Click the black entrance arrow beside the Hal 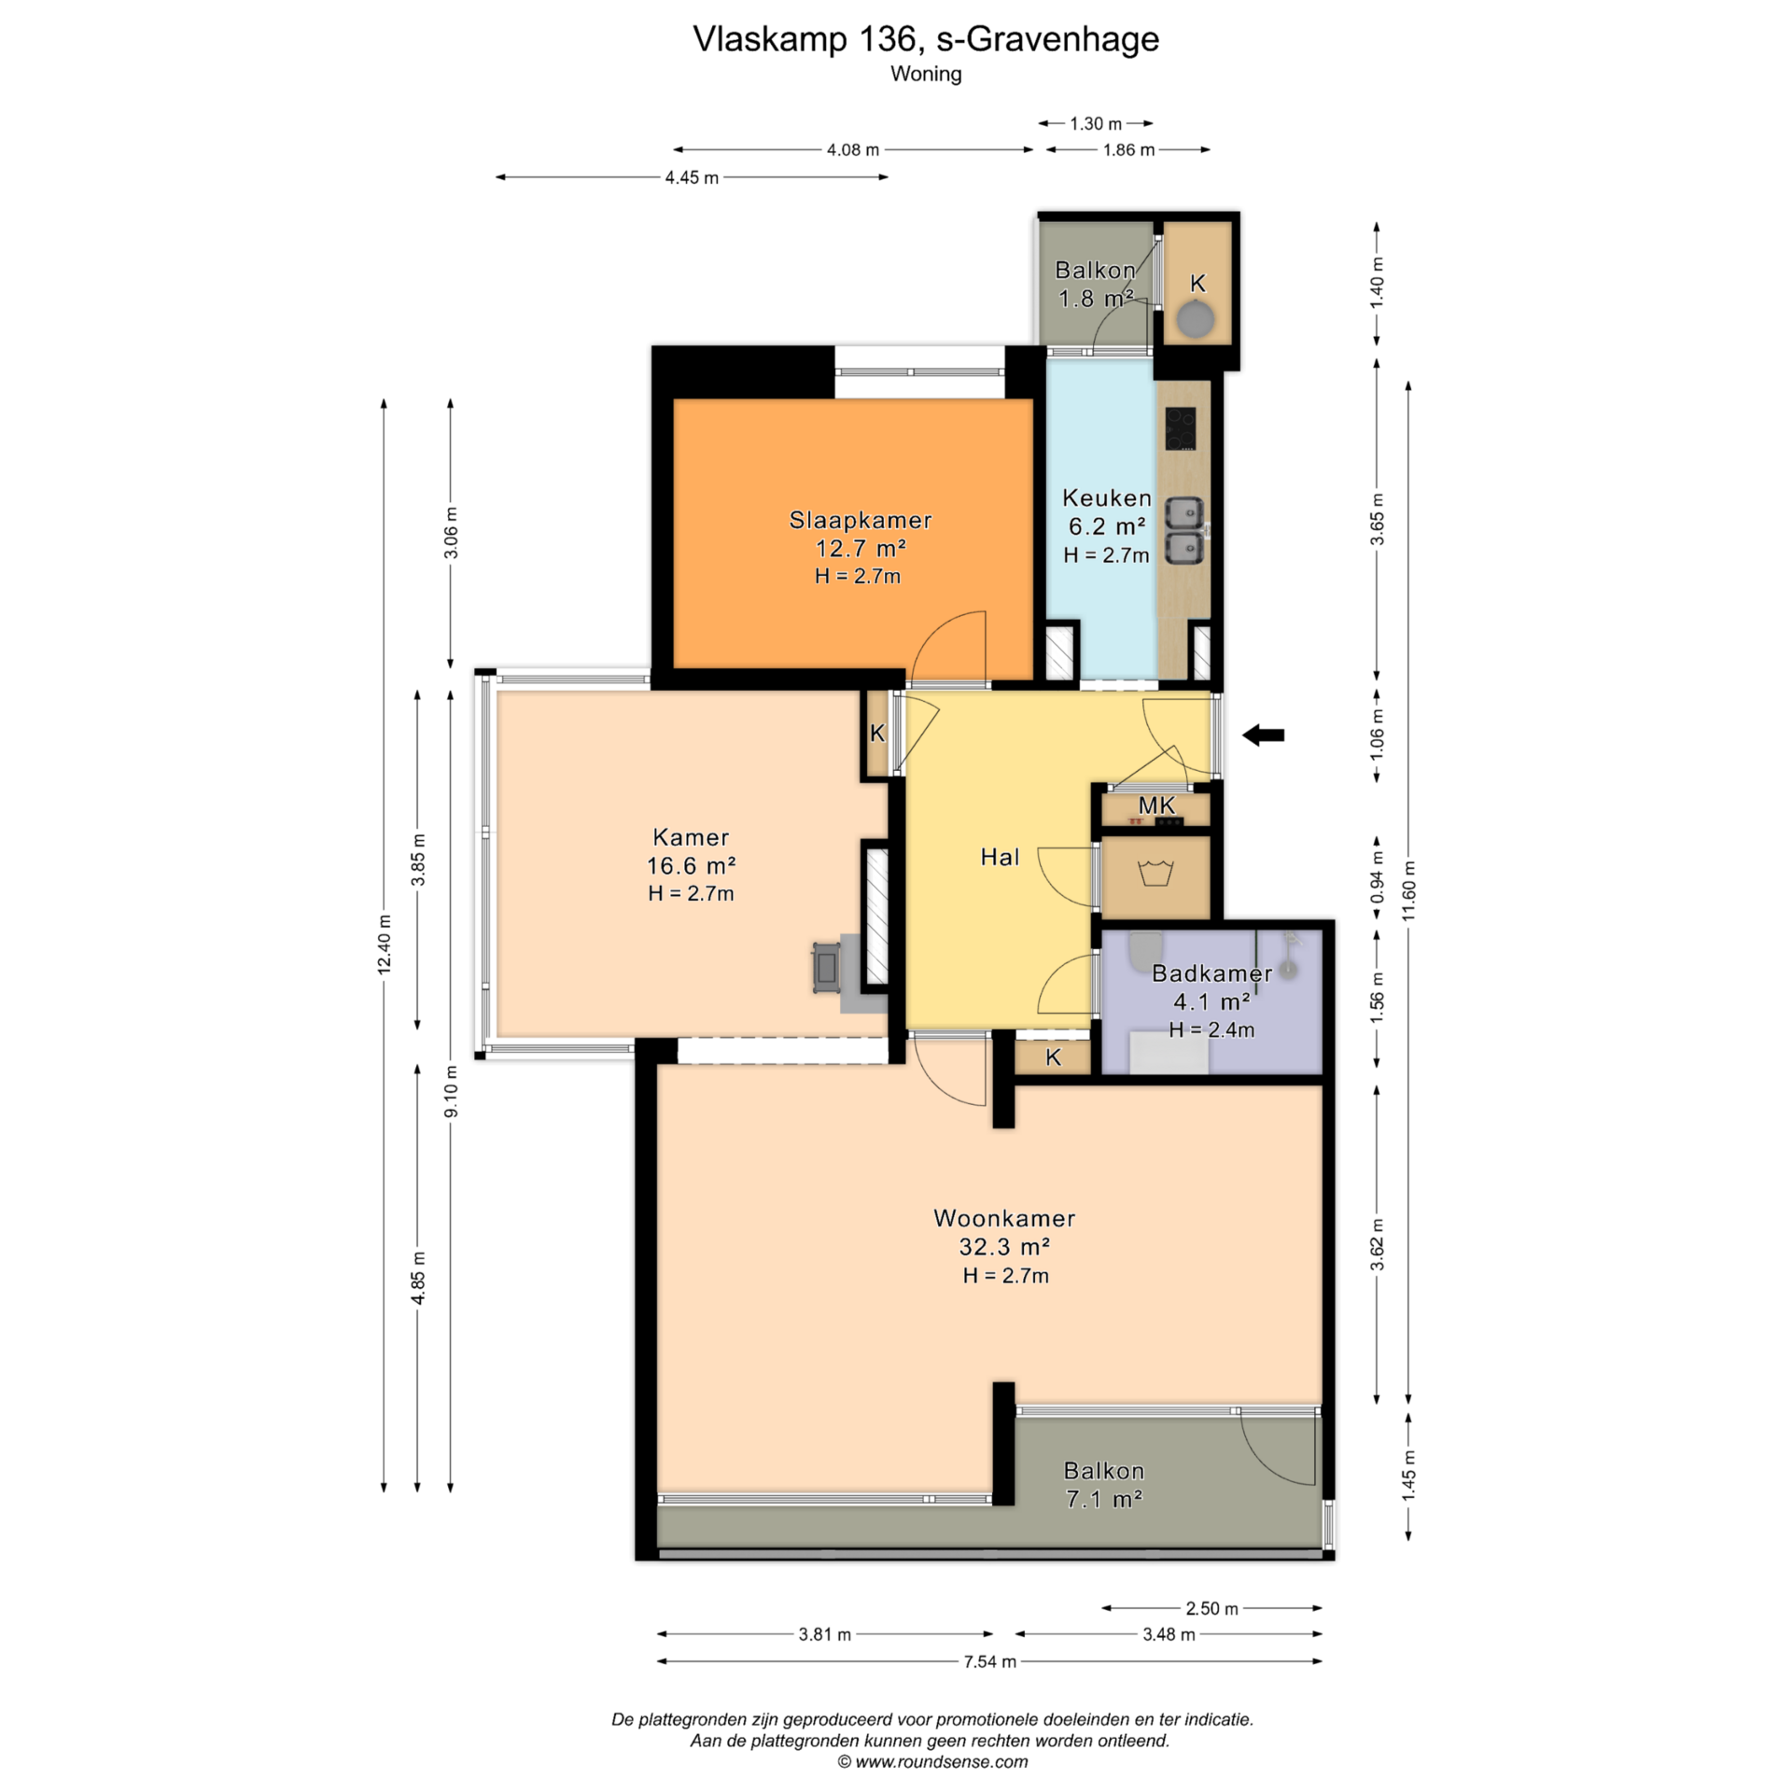click(1263, 735)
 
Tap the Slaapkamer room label click(861, 520)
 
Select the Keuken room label click(1107, 497)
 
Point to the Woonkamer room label click(1004, 1218)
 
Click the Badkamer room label click(1211, 973)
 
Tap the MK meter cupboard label click(1156, 805)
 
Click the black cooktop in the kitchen click(1181, 428)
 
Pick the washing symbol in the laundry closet click(1155, 874)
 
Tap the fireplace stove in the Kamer click(827, 968)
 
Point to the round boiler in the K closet click(1196, 320)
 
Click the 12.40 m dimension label click(385, 945)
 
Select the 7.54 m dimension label click(989, 1661)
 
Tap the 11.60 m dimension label click(1408, 890)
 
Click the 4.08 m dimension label click(853, 149)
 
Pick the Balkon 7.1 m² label click(1104, 1484)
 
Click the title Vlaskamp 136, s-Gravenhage click(926, 38)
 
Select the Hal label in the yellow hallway click(1000, 857)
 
